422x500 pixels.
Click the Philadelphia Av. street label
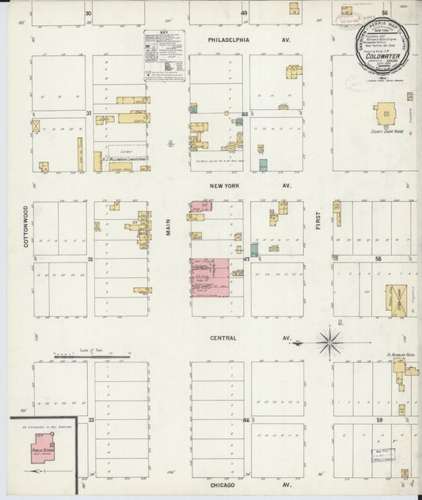coord(238,38)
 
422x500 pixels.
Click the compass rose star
coord(329,343)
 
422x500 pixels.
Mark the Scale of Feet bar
coord(92,356)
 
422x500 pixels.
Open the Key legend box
coord(164,55)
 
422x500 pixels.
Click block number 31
coord(89,114)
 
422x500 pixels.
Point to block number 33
coord(90,419)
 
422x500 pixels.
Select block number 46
coord(245,419)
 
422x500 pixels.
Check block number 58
coord(378,259)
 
